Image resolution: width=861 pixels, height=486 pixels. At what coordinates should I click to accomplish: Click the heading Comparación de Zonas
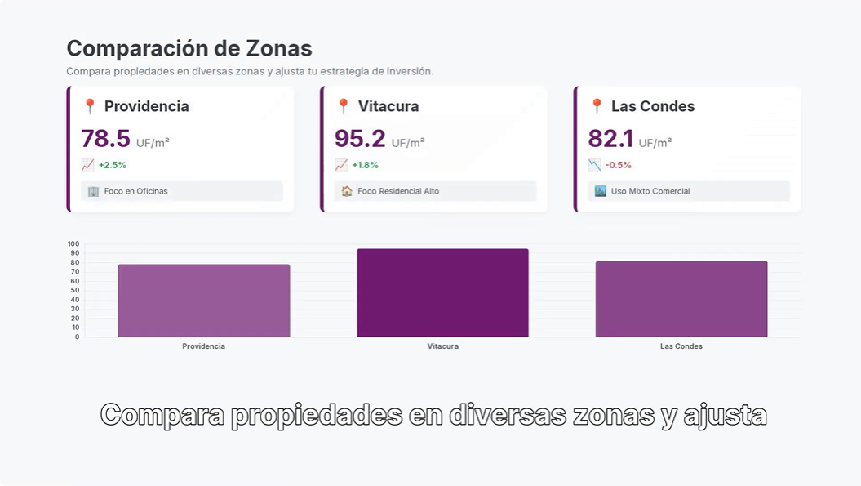click(x=189, y=49)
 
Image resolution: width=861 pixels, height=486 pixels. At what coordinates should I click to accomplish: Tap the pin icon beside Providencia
click(x=90, y=106)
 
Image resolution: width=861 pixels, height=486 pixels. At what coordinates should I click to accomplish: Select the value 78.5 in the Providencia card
click(x=105, y=139)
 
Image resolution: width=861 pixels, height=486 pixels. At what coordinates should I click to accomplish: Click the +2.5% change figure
click(x=112, y=165)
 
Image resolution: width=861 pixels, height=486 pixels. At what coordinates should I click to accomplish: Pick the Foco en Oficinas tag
click(x=135, y=191)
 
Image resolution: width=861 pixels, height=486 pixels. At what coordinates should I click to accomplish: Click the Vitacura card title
click(x=388, y=106)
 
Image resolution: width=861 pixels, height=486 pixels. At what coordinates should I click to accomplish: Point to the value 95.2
click(x=359, y=139)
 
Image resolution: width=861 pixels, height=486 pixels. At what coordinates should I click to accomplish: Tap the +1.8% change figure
click(x=365, y=165)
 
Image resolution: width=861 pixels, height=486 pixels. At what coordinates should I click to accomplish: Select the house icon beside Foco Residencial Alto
click(x=347, y=191)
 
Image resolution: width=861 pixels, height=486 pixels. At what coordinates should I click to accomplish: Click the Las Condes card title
click(x=652, y=106)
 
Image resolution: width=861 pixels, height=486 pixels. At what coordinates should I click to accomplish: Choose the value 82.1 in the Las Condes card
click(x=610, y=139)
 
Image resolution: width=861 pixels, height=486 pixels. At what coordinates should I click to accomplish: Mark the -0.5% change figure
click(x=618, y=165)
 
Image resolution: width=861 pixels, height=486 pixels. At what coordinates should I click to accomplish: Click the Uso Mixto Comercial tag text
click(x=650, y=191)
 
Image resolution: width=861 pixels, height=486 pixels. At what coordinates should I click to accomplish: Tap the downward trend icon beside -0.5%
click(x=594, y=165)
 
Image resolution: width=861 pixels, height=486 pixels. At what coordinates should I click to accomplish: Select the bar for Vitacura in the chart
click(x=442, y=293)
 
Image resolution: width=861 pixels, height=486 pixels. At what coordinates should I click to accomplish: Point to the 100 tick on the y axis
click(x=73, y=244)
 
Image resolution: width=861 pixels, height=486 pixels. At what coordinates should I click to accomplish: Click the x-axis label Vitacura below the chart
click(x=442, y=346)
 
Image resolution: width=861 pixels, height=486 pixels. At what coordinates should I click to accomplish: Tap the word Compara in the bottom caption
click(x=162, y=415)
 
